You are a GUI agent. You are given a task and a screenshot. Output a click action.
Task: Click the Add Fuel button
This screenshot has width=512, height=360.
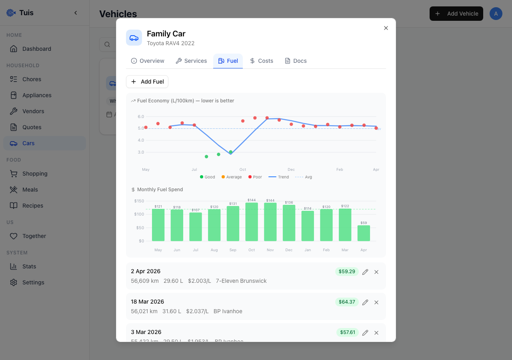tap(147, 82)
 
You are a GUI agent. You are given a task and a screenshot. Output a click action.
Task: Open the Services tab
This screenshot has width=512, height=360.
tap(191, 61)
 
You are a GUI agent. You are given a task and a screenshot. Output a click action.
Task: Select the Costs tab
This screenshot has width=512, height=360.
tap(261, 61)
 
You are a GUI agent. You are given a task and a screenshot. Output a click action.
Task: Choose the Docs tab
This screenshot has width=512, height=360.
tap(296, 61)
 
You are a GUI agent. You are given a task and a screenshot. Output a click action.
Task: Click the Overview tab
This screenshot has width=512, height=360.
tap(148, 61)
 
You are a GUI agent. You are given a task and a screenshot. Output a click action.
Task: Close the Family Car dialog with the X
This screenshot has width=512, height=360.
tap(386, 28)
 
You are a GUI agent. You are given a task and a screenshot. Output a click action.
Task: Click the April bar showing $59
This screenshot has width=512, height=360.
tap(364, 233)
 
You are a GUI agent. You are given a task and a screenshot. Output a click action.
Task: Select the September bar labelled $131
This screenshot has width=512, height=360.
tap(233, 224)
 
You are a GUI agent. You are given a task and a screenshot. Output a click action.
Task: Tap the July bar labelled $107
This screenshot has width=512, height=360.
tap(196, 227)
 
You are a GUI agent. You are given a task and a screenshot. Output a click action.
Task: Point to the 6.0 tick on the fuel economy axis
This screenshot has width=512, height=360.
tap(141, 116)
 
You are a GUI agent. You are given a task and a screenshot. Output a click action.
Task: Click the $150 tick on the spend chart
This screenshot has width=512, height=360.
tap(139, 201)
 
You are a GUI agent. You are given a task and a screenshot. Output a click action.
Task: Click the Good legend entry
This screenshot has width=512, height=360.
tap(207, 177)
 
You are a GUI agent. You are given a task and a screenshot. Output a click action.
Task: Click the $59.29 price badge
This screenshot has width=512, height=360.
tap(347, 272)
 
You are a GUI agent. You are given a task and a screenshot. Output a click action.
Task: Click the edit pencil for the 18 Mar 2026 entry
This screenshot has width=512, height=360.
tap(365, 302)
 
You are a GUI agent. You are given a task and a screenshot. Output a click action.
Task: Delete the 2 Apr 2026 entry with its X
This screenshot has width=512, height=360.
tap(376, 272)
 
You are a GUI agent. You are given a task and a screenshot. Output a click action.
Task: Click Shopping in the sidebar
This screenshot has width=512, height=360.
tap(35, 174)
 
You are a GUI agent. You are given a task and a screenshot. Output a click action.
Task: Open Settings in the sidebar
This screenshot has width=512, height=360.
tap(33, 282)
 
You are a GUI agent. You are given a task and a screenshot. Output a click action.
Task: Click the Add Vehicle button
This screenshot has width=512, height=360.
tap(456, 14)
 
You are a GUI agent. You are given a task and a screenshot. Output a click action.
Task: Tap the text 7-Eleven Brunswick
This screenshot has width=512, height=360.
tap(241, 281)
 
